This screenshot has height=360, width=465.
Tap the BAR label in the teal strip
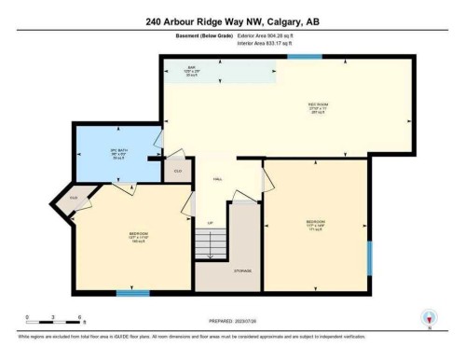tap(191, 68)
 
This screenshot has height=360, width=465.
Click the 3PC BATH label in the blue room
tap(119, 155)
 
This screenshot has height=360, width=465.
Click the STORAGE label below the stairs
tap(241, 271)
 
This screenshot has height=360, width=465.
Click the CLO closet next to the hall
tap(177, 172)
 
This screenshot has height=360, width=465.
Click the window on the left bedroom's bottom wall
tap(132, 293)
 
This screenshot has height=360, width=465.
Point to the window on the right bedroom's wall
tap(369, 257)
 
